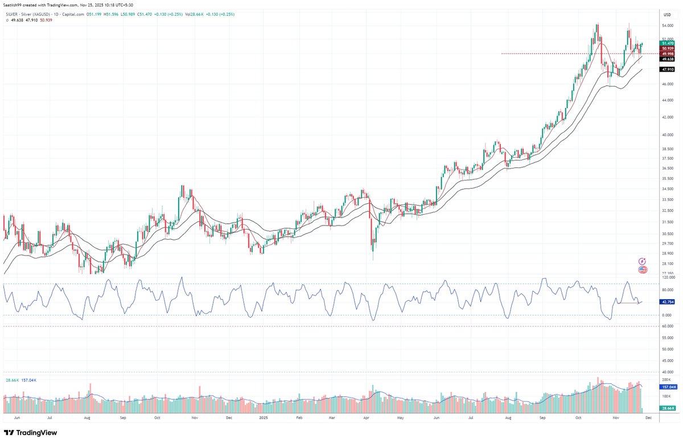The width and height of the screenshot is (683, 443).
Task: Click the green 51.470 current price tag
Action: [667, 43]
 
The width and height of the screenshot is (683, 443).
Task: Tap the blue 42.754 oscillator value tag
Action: [667, 302]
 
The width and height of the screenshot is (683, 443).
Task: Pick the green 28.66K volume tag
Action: [667, 409]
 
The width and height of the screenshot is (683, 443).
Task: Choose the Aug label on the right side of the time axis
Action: [508, 417]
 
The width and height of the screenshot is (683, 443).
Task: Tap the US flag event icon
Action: [643, 269]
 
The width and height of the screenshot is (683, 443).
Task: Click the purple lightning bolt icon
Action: [643, 261]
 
